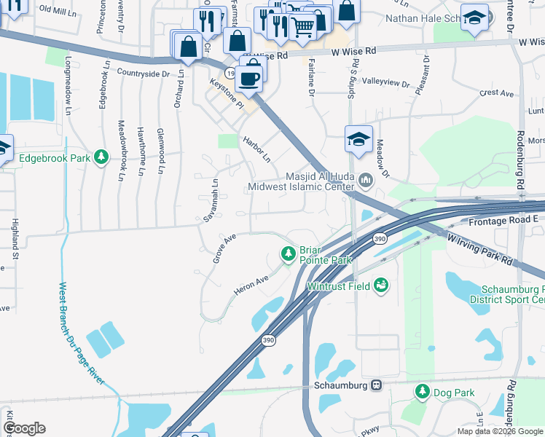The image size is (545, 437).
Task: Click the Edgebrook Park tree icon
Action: (x=102, y=157)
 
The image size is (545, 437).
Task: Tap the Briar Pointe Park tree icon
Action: (x=289, y=253)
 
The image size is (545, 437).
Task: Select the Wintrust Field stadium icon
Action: (x=380, y=286)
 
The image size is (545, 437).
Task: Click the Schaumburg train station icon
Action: (x=376, y=385)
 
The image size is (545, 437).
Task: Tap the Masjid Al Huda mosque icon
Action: (x=365, y=178)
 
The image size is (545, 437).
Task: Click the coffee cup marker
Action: (x=249, y=78)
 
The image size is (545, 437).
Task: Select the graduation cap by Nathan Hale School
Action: (x=475, y=18)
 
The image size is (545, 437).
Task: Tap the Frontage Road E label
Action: (x=503, y=220)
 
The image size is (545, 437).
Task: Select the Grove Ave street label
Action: (x=224, y=248)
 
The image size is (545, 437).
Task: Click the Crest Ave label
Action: (x=498, y=92)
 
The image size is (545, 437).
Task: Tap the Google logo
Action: (x=24, y=428)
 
